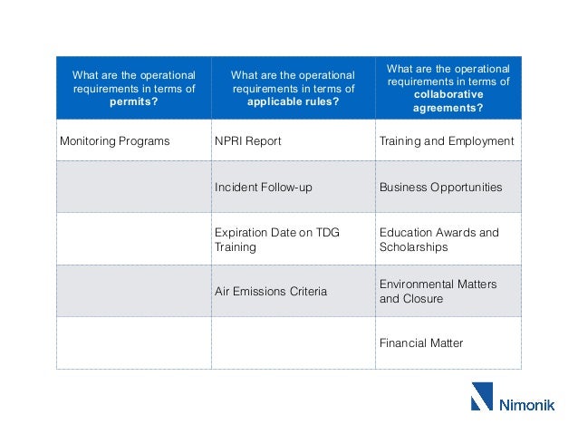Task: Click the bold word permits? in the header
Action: pos(134,102)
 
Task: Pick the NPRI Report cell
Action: pos(247,141)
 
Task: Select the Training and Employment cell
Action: pos(446,141)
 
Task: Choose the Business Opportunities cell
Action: pos(440,188)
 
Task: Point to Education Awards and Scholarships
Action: pos(438,239)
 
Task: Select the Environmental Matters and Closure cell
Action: pos(438,291)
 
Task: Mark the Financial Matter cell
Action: pos(421,343)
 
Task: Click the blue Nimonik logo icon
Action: pos(481,397)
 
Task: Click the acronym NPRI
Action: pos(229,141)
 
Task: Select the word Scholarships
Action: pos(413,246)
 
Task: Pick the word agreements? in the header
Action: pos(448,109)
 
